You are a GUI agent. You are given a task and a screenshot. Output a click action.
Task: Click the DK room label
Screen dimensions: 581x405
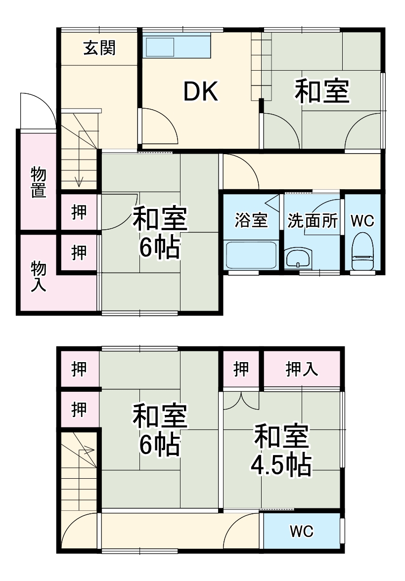tap(201, 91)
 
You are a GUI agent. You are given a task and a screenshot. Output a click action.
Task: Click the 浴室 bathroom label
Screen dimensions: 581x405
tap(251, 221)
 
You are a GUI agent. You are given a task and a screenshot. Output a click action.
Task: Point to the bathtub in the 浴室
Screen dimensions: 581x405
tap(251, 254)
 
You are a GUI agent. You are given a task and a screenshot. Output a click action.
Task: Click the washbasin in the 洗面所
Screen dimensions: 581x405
tap(299, 258)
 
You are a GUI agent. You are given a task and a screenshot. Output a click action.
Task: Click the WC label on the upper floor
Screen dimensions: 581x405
tap(302, 532)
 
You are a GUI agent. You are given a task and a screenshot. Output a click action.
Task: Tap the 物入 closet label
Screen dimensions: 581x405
tap(39, 276)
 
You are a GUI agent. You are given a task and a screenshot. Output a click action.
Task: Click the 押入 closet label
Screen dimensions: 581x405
tap(302, 369)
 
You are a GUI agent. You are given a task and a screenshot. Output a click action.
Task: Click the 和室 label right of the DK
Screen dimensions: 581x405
tap(322, 91)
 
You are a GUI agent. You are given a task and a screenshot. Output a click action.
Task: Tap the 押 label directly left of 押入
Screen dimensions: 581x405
tap(241, 369)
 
